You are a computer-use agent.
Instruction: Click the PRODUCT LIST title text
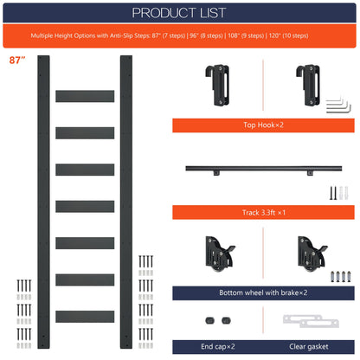coord(179,13)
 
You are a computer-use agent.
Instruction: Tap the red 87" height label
coord(17,60)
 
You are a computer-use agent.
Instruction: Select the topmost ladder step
coord(85,96)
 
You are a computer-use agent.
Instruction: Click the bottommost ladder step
coord(85,317)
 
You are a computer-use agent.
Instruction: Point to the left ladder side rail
coord(43,202)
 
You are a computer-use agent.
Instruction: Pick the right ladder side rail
coord(126,202)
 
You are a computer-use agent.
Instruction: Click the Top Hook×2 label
coord(263,125)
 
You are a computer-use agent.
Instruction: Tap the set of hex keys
coord(338,106)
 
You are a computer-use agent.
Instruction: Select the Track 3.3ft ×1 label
coord(264,213)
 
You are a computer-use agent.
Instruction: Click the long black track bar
coord(264,168)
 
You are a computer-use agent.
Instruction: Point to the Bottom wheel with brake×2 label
coord(263,292)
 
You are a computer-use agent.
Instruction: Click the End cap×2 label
coord(218,346)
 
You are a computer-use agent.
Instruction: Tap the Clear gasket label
coord(309,346)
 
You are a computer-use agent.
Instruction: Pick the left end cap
coord(209,320)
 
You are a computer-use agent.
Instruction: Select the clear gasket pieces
coord(311,321)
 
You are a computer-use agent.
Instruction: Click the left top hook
coord(218,85)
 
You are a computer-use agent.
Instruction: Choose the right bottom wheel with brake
coord(312,254)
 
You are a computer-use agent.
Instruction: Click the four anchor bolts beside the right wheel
coord(341,276)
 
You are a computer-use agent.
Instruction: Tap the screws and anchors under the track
coord(339,193)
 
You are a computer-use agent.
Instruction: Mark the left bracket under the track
coord(216,173)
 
